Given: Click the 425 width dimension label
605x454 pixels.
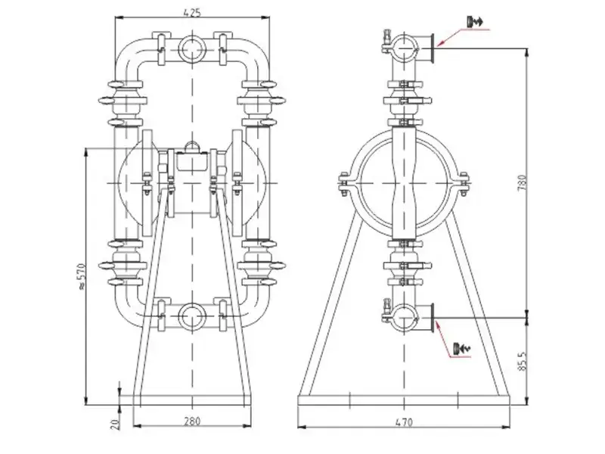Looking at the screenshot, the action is pyautogui.click(x=193, y=12).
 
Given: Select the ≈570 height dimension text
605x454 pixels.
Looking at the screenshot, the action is pyautogui.click(x=82, y=276).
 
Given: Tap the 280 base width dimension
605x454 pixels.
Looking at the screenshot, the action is pyautogui.click(x=192, y=421).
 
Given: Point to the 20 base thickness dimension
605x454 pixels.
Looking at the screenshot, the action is pyautogui.click(x=115, y=424).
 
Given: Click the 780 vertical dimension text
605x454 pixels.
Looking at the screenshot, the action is pyautogui.click(x=522, y=184).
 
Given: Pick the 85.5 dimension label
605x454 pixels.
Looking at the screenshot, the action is pyautogui.click(x=522, y=361).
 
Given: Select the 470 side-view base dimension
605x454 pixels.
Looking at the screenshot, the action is pyautogui.click(x=404, y=422).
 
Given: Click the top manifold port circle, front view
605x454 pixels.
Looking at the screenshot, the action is pyautogui.click(x=192, y=49).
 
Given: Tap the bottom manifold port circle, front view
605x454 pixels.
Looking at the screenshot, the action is pyautogui.click(x=192, y=316).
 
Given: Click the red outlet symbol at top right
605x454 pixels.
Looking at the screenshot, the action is pyautogui.click(x=475, y=22).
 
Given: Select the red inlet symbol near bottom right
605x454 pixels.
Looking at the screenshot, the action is pyautogui.click(x=462, y=348).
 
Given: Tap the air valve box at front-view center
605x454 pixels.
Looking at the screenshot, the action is pyautogui.click(x=192, y=161).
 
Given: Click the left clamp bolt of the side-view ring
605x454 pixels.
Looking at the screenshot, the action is pyautogui.click(x=343, y=184).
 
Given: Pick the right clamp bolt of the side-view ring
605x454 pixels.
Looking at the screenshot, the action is pyautogui.click(x=464, y=184).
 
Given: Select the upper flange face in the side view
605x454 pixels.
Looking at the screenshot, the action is pyautogui.click(x=432, y=48).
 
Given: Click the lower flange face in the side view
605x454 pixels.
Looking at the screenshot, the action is pyautogui.click(x=432, y=317).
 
